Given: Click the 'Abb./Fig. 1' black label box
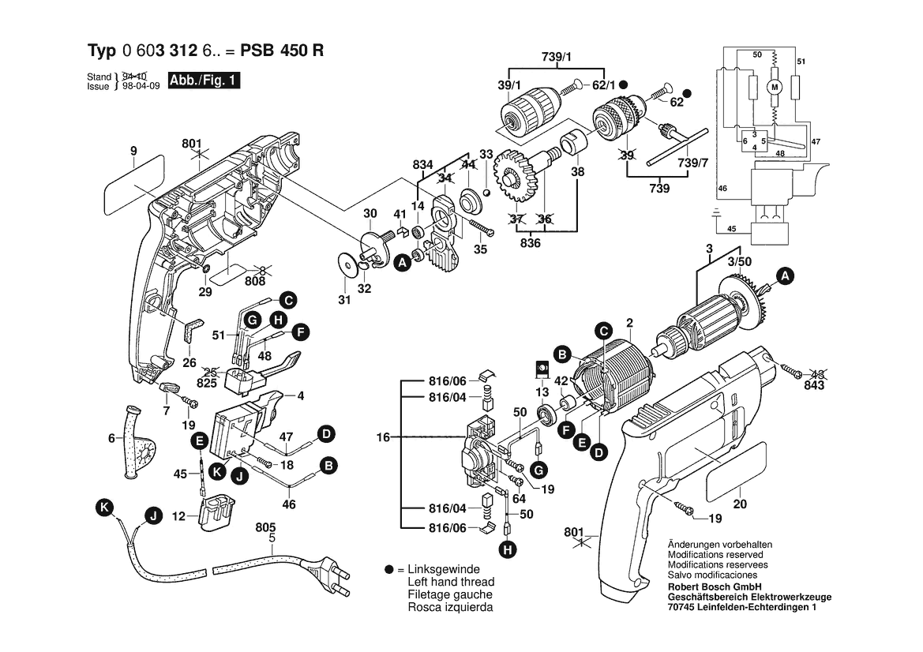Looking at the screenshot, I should point(204,81).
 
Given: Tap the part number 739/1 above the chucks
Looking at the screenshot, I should point(557,56).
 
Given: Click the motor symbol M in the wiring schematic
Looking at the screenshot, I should point(775,86).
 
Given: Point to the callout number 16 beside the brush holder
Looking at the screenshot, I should point(383,437).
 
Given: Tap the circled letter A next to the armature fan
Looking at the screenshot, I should point(785,275).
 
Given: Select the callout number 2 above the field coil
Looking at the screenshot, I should point(629,322).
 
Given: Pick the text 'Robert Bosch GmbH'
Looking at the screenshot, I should point(714,586).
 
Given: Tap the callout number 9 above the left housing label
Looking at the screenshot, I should point(133,150).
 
